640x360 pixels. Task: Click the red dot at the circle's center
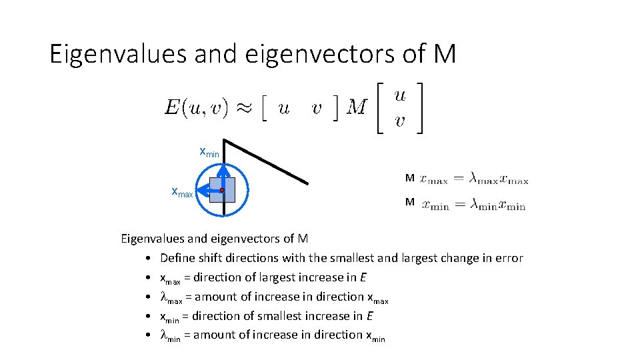point(222,190)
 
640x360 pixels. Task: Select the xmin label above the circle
point(209,152)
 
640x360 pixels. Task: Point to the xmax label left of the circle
point(182,193)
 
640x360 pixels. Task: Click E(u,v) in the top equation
point(196,107)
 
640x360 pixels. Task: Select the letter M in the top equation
point(357,107)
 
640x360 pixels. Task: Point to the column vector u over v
point(399,107)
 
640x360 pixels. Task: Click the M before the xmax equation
point(410,178)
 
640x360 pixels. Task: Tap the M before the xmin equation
point(410,202)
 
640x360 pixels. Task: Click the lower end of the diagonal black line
point(307,183)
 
